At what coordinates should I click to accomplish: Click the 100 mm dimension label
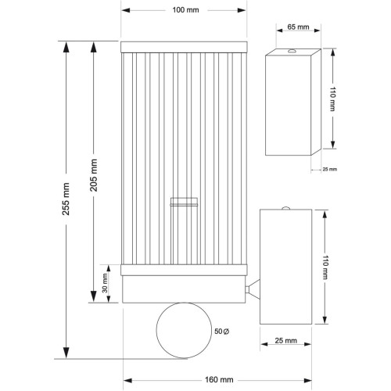click(x=185, y=10)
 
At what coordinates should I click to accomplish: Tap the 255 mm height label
click(x=66, y=199)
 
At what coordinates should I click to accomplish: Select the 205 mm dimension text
click(x=94, y=175)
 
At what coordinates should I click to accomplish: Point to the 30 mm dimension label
click(x=105, y=283)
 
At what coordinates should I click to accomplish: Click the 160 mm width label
click(x=219, y=379)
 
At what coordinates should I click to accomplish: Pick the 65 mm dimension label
click(x=298, y=27)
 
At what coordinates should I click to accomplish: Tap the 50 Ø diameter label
click(x=221, y=332)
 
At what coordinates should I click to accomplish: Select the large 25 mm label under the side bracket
click(x=286, y=341)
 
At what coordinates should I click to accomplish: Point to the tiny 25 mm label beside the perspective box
click(x=330, y=169)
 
